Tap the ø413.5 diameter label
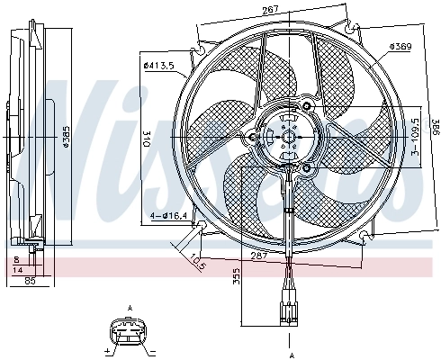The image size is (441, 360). [158, 64]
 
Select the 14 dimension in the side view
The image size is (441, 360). [21, 269]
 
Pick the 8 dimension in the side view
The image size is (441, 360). [15, 258]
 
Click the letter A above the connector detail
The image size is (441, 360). [130, 308]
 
